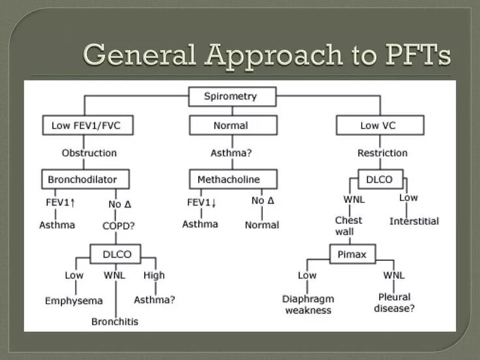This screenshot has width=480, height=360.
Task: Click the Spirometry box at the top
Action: point(231,97)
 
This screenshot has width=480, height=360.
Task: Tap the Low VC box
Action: point(380,125)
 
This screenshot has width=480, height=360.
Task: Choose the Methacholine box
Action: point(233,179)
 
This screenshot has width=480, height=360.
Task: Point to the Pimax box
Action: point(352,254)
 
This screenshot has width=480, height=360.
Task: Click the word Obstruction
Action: point(89,153)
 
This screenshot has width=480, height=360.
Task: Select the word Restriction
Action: point(382,153)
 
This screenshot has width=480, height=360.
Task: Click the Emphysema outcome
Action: point(74,301)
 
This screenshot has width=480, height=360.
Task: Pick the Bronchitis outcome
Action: point(115,321)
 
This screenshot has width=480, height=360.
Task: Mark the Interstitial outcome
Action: point(414,221)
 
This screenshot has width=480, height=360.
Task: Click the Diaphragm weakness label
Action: point(308,304)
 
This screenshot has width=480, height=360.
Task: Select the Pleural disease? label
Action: point(394,303)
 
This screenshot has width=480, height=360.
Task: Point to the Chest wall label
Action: point(348,226)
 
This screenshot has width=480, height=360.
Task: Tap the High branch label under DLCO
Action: point(154,275)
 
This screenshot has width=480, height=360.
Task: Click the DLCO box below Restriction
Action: point(380,179)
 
